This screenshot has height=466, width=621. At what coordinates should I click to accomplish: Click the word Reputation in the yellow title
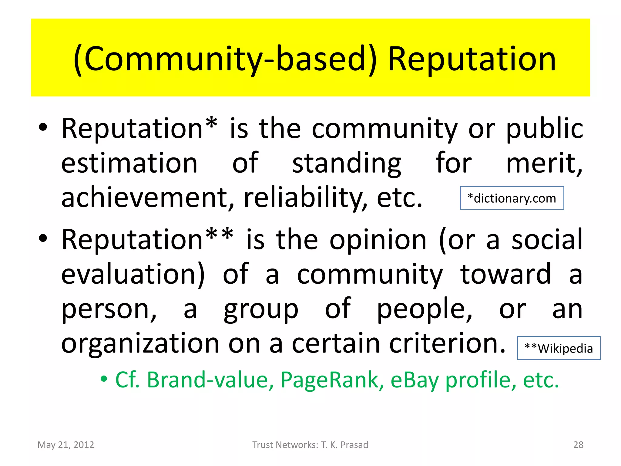click(x=472, y=59)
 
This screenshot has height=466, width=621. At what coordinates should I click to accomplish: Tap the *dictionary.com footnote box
click(x=512, y=198)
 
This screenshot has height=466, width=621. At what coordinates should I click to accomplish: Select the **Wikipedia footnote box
click(x=559, y=348)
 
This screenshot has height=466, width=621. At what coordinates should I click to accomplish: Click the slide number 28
click(x=578, y=445)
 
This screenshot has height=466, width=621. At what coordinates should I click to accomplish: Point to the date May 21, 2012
click(x=66, y=445)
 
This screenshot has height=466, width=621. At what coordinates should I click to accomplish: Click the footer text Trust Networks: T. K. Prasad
click(x=310, y=445)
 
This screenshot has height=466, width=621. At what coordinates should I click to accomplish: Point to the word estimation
click(x=129, y=163)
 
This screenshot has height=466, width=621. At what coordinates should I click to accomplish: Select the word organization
click(x=140, y=344)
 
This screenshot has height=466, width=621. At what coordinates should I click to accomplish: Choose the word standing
click(x=347, y=163)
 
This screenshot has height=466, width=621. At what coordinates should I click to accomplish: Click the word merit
click(x=544, y=163)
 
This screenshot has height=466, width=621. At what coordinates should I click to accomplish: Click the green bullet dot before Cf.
click(x=104, y=379)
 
